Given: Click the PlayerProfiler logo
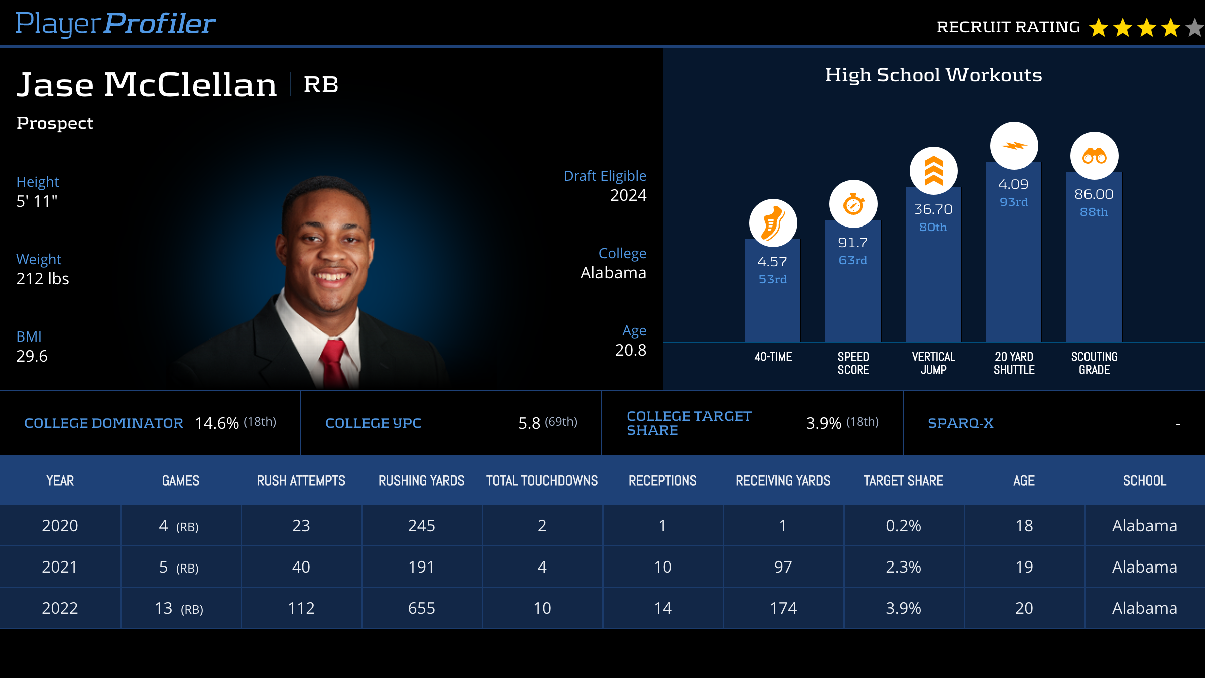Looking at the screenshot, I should [115, 24].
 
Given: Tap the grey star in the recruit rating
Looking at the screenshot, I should [1195, 28].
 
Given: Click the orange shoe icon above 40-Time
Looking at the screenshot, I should [773, 223].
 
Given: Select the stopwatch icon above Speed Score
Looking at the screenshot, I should [853, 204].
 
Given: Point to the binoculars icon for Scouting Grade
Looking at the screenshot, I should [1094, 156].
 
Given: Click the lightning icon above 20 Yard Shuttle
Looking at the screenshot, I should [1014, 146].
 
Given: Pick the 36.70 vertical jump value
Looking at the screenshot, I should [933, 209].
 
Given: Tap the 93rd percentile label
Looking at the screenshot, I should [1014, 202].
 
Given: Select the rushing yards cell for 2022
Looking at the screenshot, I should [421, 608].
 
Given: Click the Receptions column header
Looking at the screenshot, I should [662, 481].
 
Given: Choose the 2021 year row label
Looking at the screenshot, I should [60, 567].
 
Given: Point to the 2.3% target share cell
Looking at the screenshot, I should [903, 567].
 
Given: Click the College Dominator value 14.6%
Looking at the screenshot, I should [217, 423].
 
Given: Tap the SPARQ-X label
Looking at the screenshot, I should [960, 423].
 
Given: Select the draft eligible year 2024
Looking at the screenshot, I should [628, 195].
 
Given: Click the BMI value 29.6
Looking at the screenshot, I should [32, 356].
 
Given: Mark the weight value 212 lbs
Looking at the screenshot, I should [43, 279].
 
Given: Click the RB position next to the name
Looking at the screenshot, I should [321, 85].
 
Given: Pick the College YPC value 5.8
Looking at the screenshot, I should [529, 423].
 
